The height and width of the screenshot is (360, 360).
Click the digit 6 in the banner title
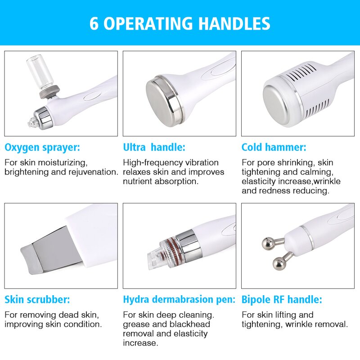[x=94, y=23]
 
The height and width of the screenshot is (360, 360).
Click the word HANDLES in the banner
[x=234, y=23]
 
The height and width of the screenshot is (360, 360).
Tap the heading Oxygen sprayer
[x=42, y=148]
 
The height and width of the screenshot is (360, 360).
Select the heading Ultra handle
[x=154, y=147]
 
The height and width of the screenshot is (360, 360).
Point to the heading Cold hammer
[x=274, y=147]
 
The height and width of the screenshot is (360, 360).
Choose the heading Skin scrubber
[x=37, y=300]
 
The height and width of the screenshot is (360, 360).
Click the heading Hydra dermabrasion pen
[x=179, y=300]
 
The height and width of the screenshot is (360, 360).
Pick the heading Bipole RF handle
[x=282, y=300]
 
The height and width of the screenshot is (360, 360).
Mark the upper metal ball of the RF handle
[x=268, y=243]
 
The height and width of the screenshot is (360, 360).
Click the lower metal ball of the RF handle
[x=279, y=264]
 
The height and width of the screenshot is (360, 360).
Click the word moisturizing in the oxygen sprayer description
[x=63, y=163]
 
